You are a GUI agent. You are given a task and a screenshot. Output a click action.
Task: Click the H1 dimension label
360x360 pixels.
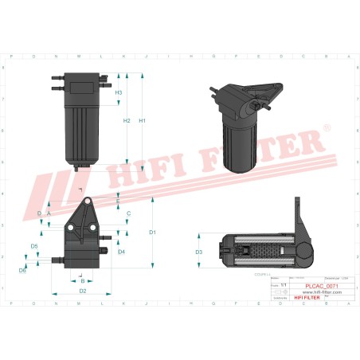pos(143,120)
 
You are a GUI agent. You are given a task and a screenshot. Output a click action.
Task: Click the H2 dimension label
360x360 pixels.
pos(127,120)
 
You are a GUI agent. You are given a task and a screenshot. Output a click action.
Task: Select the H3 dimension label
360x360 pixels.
pos(119,93)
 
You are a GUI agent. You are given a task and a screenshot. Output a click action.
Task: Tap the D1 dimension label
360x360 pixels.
pos(152,232)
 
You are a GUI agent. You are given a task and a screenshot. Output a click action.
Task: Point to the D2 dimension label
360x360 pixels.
pos(83,291)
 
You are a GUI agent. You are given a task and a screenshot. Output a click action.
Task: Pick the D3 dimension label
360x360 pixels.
pos(199,252)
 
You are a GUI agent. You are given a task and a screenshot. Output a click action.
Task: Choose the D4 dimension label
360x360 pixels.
pos(121,252)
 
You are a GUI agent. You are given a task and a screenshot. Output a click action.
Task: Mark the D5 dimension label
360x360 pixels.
pos(34,247)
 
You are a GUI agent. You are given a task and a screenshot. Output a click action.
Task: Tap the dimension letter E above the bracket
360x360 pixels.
pos(118,202)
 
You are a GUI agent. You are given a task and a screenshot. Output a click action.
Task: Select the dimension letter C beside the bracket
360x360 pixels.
pos(128,214)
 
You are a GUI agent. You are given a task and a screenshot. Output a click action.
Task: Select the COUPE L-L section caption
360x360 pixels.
pos(263,273)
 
